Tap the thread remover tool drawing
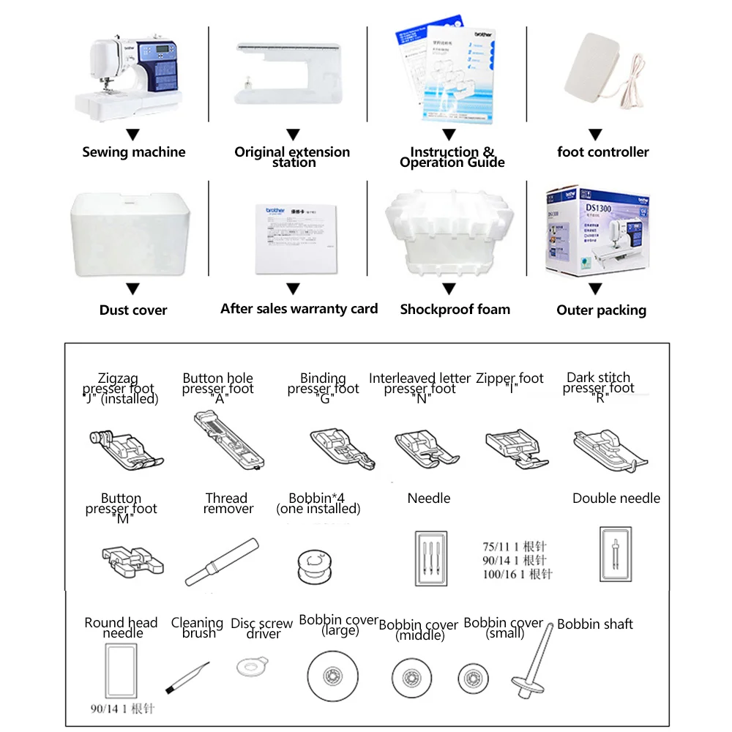(x=221, y=562)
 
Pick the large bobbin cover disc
(x=333, y=671)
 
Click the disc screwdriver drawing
(x=252, y=667)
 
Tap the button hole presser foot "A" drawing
(x=228, y=441)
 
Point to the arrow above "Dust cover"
(x=133, y=288)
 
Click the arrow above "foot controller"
(x=596, y=135)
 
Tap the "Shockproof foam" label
(x=455, y=310)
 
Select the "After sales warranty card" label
(x=299, y=309)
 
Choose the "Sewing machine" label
(x=133, y=152)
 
